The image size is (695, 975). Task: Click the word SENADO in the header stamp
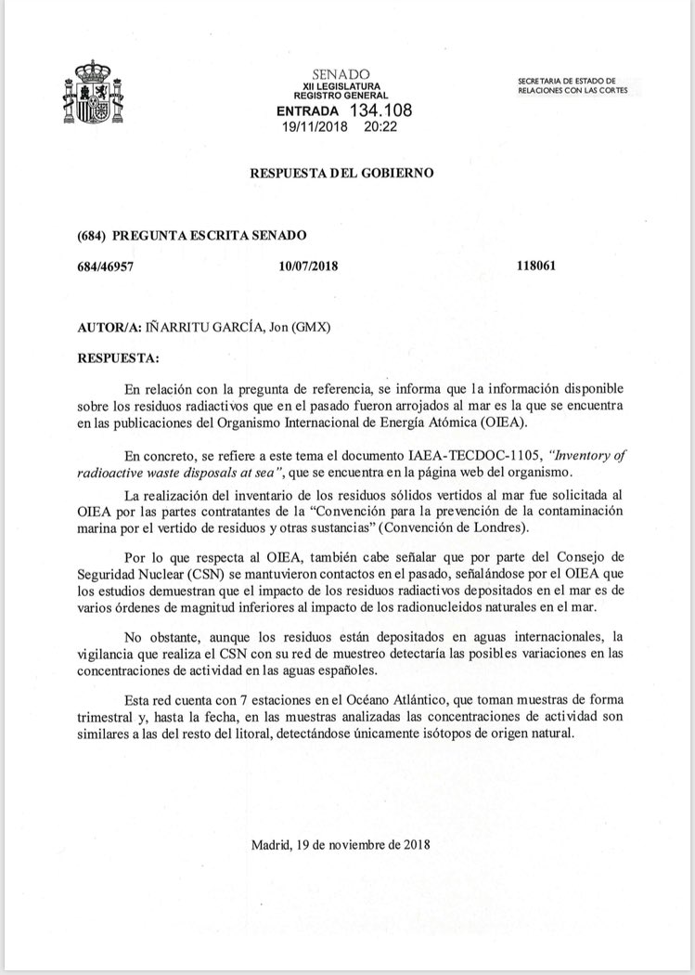click(x=341, y=73)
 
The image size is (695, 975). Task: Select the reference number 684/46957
click(x=109, y=266)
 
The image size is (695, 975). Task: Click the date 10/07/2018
click(x=307, y=266)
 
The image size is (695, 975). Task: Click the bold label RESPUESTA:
click(x=118, y=357)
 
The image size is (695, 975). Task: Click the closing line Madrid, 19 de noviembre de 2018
click(x=341, y=844)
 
